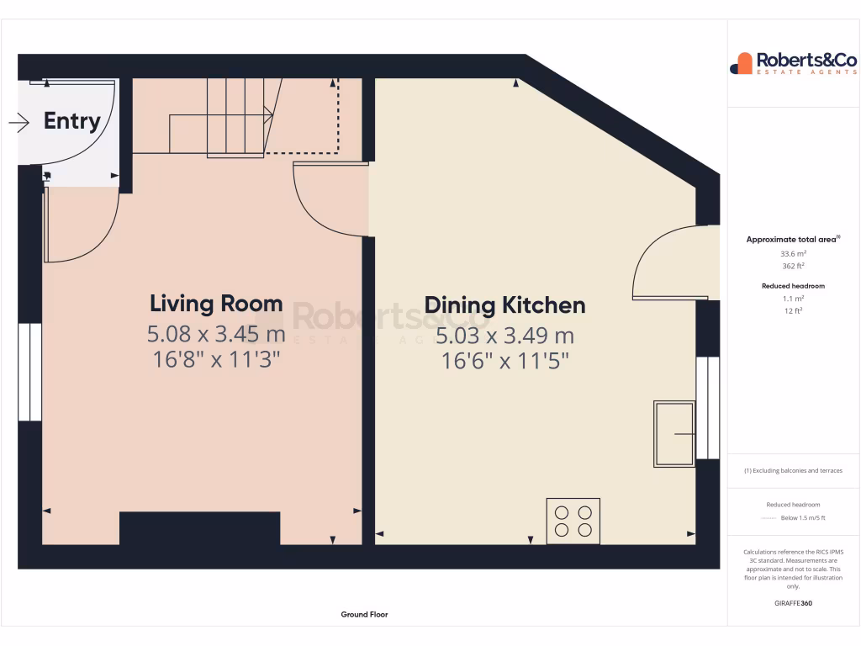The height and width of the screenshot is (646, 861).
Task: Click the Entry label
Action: point(71,121)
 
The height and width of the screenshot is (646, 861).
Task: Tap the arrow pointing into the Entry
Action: point(18,123)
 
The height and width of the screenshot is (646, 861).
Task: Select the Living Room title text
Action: point(216,303)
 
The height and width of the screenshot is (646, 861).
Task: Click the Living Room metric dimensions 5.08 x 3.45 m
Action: point(216,334)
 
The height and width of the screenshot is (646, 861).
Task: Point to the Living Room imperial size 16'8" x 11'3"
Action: point(216,360)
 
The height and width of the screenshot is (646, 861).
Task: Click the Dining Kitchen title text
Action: point(504,304)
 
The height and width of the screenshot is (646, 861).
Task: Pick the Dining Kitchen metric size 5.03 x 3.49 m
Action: point(504,336)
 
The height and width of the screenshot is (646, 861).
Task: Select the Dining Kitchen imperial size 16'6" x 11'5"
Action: point(504,361)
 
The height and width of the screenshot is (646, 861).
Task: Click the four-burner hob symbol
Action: point(573,521)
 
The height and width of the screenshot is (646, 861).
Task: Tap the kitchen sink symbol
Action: point(674,434)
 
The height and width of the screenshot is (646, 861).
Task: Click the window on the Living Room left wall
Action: point(30,371)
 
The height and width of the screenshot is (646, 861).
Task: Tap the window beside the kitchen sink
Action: point(707,407)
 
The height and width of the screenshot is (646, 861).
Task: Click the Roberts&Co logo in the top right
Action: point(793,63)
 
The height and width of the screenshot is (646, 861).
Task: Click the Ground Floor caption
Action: point(364,615)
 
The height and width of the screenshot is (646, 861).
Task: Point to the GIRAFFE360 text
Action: point(793,603)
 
